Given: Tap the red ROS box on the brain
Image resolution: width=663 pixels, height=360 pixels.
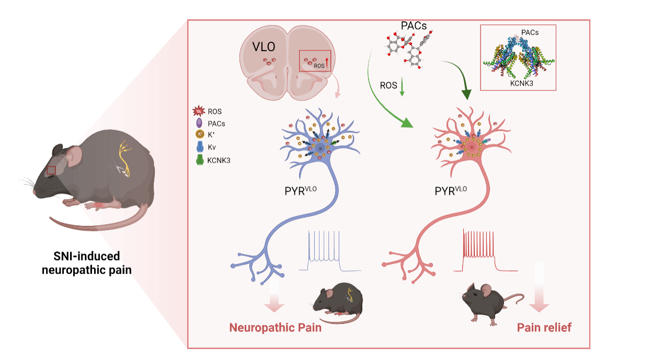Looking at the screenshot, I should [x=315, y=61].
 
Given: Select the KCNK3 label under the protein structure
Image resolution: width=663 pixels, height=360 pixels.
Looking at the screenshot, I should [x=518, y=82].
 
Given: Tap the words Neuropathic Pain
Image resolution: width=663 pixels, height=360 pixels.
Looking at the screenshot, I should [x=275, y=328].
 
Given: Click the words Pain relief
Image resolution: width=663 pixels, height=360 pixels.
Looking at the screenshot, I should [x=544, y=328].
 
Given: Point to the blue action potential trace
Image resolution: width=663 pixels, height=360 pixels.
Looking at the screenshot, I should [x=329, y=252].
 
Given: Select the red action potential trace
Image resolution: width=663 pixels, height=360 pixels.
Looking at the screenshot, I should [x=485, y=252].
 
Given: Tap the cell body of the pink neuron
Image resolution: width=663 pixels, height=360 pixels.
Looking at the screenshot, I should [x=472, y=148].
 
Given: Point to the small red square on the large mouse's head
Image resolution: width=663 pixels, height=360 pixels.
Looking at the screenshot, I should [x=51, y=170].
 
